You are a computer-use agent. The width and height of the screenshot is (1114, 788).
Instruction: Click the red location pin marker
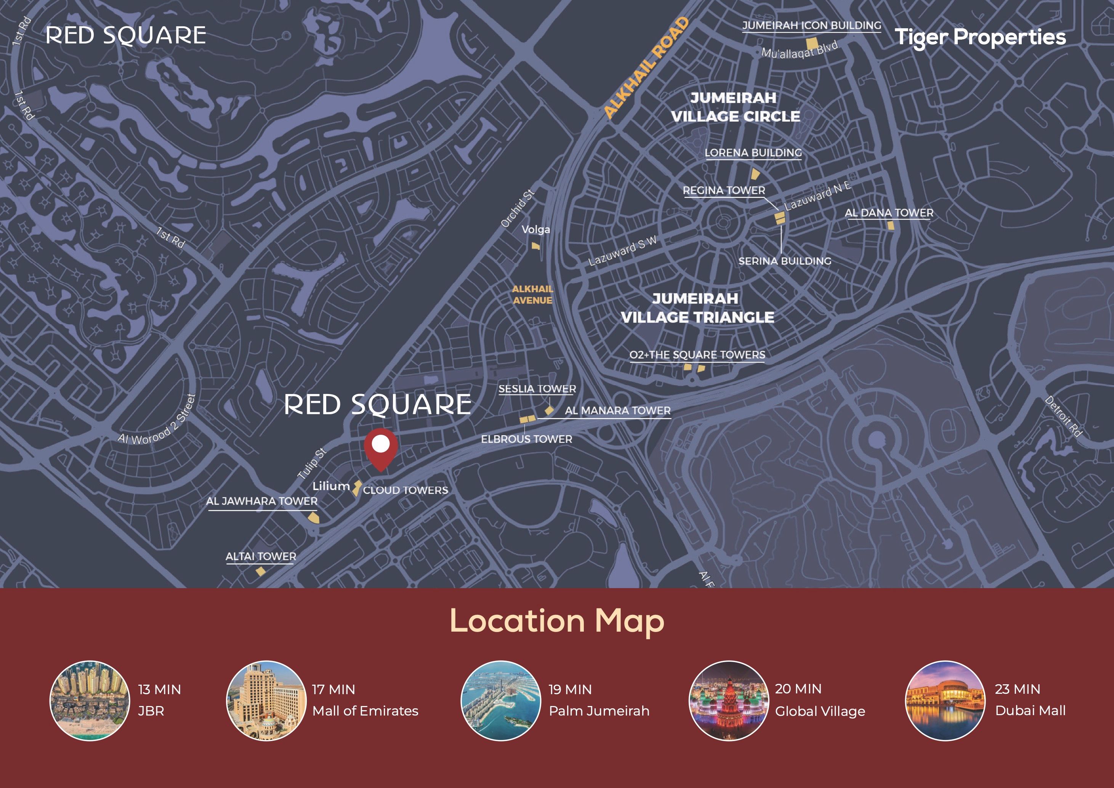381,447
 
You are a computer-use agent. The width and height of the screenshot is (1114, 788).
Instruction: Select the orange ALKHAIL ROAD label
646,68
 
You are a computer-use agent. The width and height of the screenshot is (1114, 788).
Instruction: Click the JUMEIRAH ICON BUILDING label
811,26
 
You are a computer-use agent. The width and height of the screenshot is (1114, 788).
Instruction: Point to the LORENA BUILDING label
753,153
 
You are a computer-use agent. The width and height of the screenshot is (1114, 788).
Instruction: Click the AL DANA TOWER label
889,213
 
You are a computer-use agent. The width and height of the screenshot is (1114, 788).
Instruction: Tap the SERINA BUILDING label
785,261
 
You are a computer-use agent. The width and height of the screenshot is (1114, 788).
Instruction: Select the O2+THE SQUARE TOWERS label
697,355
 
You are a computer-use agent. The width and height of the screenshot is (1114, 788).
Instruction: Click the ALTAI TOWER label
261,556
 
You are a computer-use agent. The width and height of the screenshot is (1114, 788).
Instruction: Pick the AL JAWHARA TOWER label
261,501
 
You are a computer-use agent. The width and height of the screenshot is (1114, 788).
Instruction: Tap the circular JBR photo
90,700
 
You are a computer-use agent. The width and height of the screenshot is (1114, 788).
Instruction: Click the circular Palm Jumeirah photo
501,700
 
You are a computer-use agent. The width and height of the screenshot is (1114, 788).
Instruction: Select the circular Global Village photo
729,700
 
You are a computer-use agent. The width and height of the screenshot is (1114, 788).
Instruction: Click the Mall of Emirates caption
365,711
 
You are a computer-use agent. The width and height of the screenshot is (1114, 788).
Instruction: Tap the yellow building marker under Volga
535,246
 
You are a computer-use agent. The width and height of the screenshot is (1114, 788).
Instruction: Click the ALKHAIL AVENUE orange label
532,295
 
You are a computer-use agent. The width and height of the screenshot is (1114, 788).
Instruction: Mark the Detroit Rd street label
1063,416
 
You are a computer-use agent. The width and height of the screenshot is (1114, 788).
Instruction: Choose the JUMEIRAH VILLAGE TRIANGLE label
697,308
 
